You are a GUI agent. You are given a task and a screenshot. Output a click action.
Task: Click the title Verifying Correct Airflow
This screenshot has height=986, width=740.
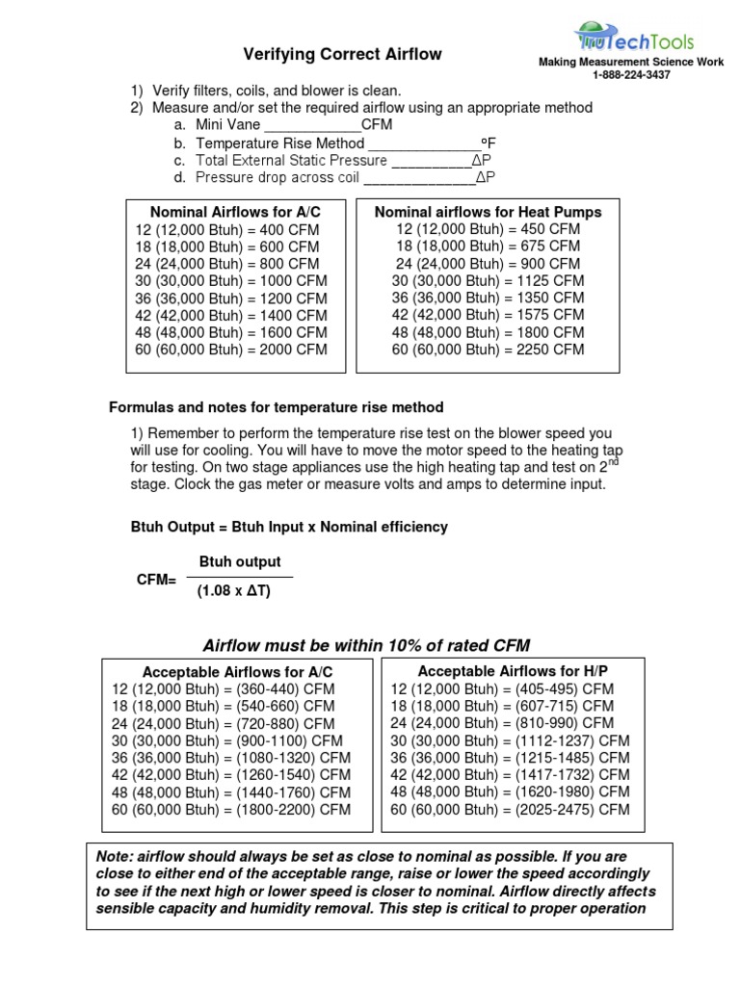(342, 55)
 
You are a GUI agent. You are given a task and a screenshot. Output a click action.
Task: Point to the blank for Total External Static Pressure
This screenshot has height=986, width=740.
(429, 162)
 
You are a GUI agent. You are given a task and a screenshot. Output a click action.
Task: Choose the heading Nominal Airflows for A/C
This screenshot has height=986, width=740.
(234, 212)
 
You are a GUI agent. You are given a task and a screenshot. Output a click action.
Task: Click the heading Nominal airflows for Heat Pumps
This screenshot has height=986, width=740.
(488, 212)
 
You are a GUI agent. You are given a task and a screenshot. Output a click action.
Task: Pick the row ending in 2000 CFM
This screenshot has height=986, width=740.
(231, 350)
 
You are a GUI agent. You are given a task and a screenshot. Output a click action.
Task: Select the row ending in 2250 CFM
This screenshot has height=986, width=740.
(488, 350)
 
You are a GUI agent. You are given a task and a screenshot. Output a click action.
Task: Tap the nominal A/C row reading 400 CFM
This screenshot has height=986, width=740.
(226, 230)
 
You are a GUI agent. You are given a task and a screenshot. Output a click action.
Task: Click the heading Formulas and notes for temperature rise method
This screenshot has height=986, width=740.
(277, 408)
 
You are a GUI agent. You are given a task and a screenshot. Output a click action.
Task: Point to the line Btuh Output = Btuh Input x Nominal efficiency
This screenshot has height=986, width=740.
(289, 527)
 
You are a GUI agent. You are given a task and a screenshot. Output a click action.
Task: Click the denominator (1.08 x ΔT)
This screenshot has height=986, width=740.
(234, 591)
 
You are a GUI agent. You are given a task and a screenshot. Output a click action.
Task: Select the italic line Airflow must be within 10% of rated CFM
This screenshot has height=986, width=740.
(366, 645)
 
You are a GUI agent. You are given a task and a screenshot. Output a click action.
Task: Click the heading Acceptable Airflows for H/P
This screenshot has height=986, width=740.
(513, 670)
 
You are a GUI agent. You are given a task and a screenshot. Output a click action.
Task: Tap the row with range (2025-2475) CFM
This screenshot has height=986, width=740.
(510, 810)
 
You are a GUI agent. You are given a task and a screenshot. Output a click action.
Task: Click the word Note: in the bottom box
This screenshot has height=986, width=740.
(115, 857)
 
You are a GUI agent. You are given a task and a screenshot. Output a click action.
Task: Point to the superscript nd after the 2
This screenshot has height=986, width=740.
(615, 463)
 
